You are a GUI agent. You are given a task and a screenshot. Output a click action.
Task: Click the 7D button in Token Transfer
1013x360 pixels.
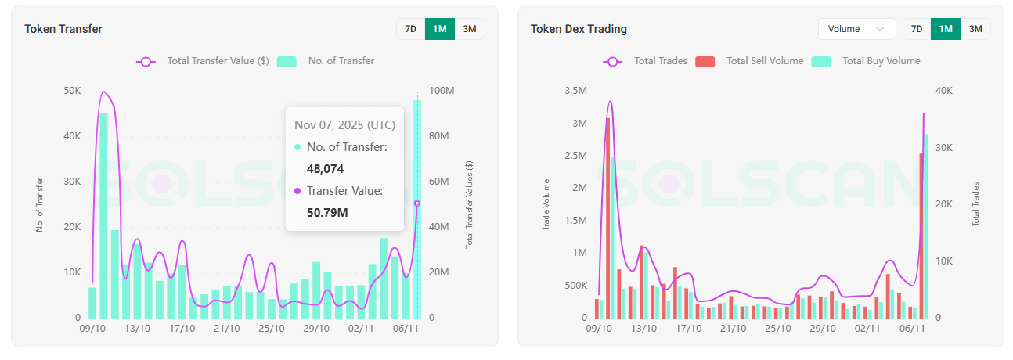(x=410, y=29)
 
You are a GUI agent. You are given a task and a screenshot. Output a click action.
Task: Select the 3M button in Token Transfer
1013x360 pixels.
(x=470, y=29)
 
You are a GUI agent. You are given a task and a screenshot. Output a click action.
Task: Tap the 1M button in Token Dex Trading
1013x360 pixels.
(x=946, y=29)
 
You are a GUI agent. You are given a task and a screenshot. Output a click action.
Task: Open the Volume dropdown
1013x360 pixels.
(x=856, y=29)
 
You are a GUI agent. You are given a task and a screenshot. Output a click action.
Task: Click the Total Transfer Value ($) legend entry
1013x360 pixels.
(x=204, y=61)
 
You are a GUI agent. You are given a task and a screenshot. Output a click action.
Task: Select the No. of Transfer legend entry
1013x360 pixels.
(x=326, y=61)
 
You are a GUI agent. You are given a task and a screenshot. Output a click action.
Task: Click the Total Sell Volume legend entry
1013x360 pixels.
(x=751, y=61)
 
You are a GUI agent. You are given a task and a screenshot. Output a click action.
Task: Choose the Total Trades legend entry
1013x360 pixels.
(x=645, y=61)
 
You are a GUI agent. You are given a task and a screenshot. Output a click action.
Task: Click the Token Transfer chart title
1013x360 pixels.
(x=63, y=29)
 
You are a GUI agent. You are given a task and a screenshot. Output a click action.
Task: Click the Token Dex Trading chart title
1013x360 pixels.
(x=579, y=29)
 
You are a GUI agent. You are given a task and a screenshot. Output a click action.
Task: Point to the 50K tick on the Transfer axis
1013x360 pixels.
(x=72, y=91)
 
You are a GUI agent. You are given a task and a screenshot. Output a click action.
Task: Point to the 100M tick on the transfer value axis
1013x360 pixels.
(x=442, y=91)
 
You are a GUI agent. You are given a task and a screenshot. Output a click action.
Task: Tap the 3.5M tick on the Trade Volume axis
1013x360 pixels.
(x=575, y=91)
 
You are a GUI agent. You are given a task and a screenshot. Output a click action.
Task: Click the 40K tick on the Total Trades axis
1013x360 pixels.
(x=944, y=91)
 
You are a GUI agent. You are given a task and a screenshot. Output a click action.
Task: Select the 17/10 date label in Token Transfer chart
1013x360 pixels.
(x=182, y=329)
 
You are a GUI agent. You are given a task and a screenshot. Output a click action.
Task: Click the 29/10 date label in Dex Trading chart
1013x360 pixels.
(x=823, y=329)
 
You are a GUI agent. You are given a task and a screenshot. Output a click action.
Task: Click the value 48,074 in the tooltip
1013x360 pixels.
(x=325, y=168)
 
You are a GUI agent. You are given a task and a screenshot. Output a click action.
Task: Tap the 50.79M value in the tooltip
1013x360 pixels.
(x=327, y=212)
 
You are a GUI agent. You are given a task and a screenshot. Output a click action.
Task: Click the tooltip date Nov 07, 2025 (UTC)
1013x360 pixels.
(x=344, y=125)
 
